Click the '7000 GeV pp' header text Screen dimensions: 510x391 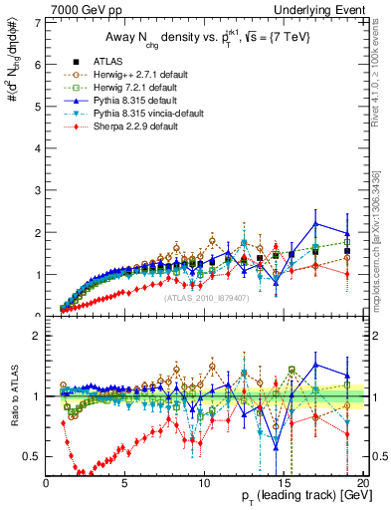(x=82, y=9)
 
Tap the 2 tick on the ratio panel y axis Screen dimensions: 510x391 (x=37, y=336)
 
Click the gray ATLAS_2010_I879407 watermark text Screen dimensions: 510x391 (x=207, y=298)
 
